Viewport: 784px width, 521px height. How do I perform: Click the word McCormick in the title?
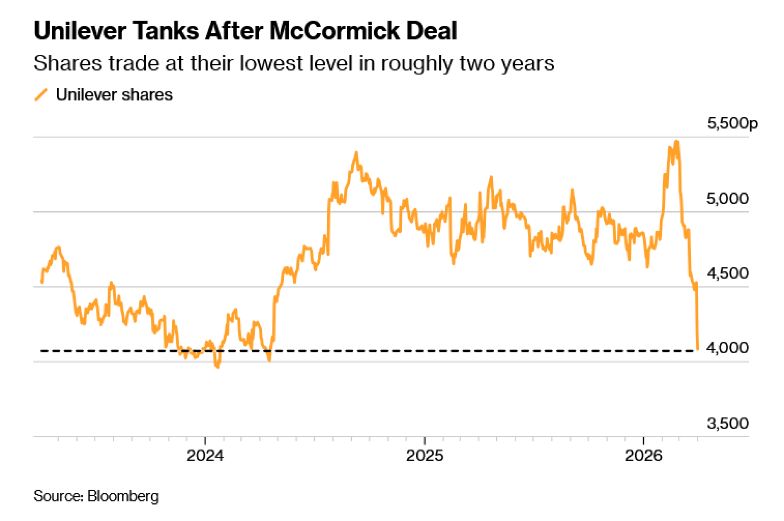point(334,31)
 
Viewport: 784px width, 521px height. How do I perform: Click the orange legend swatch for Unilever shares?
point(41,95)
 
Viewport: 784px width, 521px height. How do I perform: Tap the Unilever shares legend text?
point(114,95)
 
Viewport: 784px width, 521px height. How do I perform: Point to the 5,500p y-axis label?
point(732,123)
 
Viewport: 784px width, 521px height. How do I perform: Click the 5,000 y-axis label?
point(727,199)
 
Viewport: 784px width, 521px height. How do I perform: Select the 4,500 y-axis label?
point(727,273)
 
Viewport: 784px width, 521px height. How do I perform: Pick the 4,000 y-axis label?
point(727,348)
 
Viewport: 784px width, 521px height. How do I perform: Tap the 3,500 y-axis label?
point(727,423)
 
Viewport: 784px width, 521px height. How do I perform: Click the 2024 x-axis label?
point(205,456)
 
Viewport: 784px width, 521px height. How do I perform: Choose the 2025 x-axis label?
point(425,456)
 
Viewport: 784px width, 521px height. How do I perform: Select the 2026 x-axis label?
point(643,456)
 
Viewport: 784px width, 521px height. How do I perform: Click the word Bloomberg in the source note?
point(123,496)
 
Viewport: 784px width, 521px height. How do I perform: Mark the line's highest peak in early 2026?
point(677,142)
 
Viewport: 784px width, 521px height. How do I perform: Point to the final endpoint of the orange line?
point(698,349)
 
